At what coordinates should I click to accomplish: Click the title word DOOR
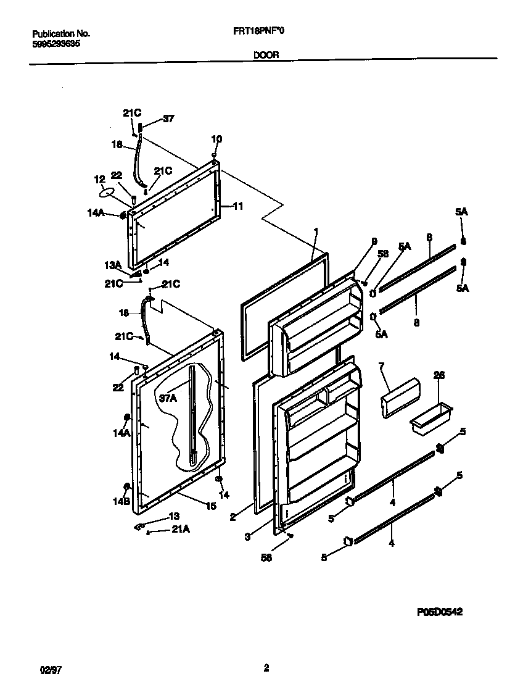click(x=266, y=54)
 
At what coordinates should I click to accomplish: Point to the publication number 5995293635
click(x=55, y=44)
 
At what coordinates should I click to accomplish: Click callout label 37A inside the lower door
click(x=167, y=398)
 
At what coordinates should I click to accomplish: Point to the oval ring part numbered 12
click(x=108, y=193)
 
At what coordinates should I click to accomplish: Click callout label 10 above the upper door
click(x=216, y=139)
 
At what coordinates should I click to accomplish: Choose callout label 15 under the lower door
click(x=211, y=506)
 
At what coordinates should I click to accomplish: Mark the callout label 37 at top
click(x=160, y=119)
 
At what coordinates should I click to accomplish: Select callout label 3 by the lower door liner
click(x=247, y=538)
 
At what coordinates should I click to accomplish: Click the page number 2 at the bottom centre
click(x=266, y=667)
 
